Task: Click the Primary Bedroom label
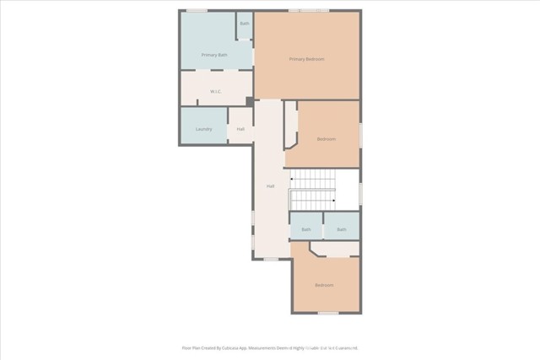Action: point(306,59)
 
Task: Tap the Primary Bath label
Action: point(214,55)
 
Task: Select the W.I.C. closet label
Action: point(215,91)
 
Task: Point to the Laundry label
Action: point(203,129)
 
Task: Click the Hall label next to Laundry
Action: point(240,129)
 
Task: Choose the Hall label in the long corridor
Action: point(270,185)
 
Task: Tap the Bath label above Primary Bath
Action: point(245,23)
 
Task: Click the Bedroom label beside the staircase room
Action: point(327,138)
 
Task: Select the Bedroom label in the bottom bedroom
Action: point(324,285)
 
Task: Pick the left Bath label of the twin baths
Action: point(306,229)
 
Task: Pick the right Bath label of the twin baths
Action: point(342,229)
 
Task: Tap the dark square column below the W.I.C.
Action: point(250,101)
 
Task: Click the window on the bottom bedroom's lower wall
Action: point(328,314)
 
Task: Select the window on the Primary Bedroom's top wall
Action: point(308,10)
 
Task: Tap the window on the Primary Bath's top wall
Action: point(197,10)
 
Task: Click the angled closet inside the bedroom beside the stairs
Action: point(291,126)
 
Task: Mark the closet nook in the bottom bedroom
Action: point(337,250)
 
